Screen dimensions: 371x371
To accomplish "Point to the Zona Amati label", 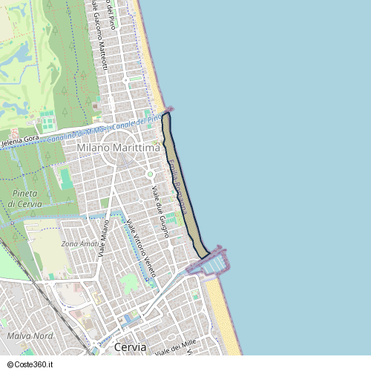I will [x=79, y=243].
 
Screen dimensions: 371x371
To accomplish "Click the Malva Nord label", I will [x=29, y=336].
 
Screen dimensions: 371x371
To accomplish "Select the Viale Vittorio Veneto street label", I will [x=141, y=249].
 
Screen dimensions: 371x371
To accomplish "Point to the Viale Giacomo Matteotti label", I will [x=98, y=33].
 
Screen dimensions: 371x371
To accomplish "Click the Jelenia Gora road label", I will [x=20, y=139].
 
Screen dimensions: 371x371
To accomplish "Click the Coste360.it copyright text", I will [x=30, y=364].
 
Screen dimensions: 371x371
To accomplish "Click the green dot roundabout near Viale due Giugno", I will [x=150, y=174].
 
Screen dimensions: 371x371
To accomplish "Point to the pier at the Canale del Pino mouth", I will [x=168, y=109].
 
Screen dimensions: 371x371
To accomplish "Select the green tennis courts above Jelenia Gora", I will [x=47, y=119].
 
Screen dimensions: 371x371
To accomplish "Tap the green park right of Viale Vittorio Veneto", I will [x=129, y=283].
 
